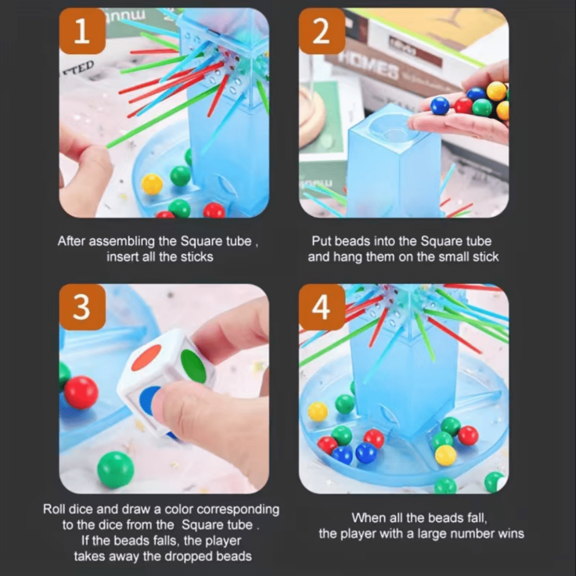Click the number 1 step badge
click(x=82, y=31)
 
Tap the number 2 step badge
click(x=322, y=31)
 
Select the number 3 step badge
click(x=82, y=308)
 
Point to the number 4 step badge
click(x=322, y=308)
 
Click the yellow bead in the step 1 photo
click(x=152, y=185)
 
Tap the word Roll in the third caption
click(x=54, y=509)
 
